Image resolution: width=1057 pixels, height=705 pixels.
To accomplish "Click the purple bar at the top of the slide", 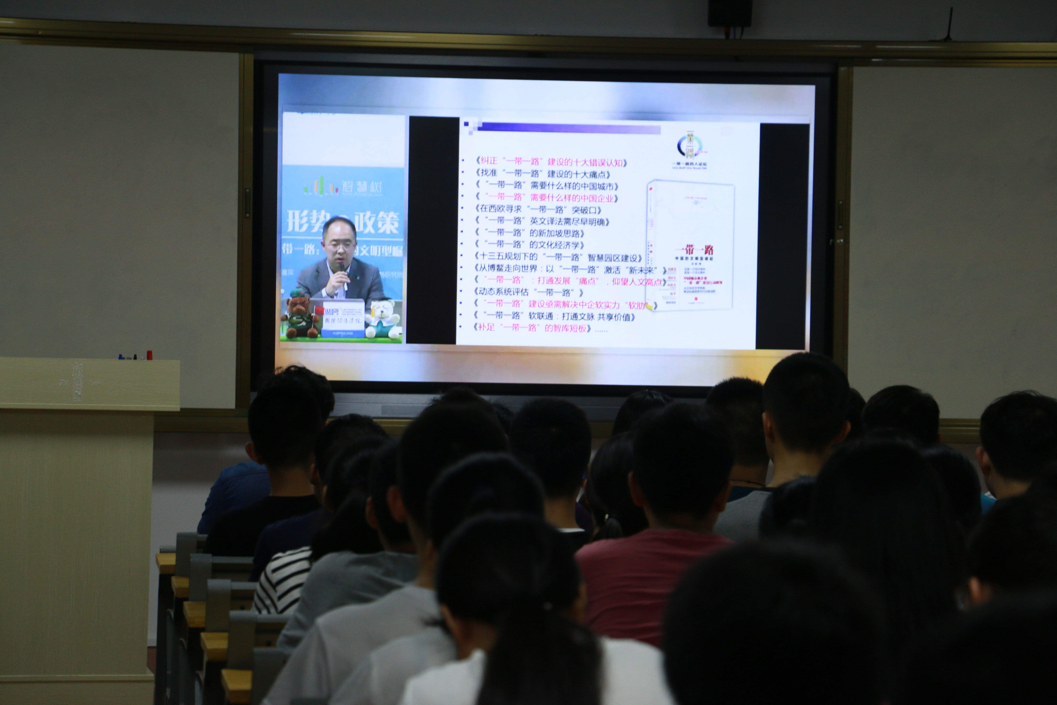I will [566, 129].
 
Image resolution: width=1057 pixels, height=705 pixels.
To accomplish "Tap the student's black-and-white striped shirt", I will [283, 580].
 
